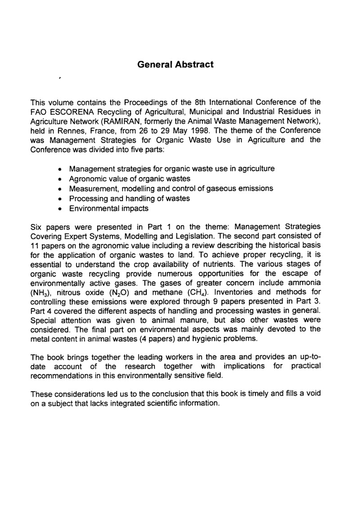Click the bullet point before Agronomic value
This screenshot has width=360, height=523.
[x=60, y=179]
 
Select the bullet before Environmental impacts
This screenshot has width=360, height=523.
[x=60, y=209]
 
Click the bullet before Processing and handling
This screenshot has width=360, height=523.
[x=60, y=199]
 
